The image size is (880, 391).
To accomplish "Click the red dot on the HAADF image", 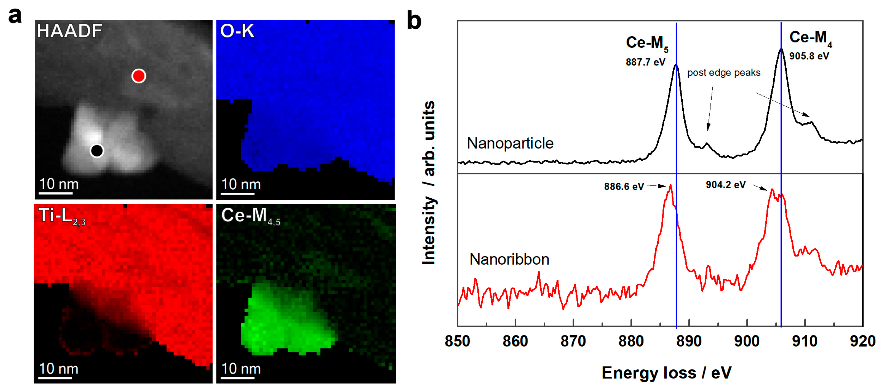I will point(139,76).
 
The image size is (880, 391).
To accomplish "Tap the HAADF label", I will point(69,31).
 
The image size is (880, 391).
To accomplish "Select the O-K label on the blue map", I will point(237,31).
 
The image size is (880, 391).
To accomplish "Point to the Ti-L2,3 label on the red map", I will point(62,217).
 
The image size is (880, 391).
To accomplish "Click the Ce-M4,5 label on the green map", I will point(250,217).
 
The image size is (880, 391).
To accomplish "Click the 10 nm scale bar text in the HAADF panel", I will point(59,184).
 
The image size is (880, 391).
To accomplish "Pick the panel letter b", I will point(414,21).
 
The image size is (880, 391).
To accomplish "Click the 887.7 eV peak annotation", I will point(645,62).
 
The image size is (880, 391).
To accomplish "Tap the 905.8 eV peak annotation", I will point(809,56).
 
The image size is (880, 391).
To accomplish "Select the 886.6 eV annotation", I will point(624,186).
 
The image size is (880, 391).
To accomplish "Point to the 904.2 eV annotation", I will point(726,185).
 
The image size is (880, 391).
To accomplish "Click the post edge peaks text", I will point(724,73).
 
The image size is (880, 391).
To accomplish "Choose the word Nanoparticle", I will point(510,143).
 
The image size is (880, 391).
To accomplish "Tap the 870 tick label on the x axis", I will point(573,341).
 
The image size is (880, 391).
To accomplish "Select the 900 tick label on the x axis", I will point(747,341).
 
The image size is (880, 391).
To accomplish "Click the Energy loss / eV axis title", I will point(666,372).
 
